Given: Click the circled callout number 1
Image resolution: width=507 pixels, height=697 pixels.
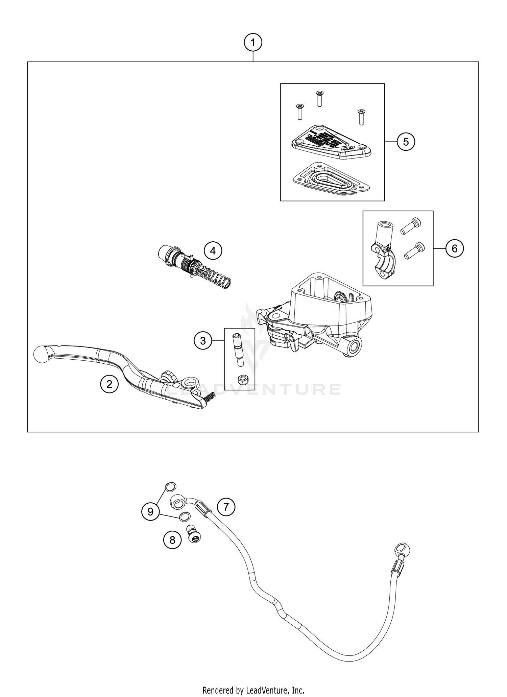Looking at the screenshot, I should pyautogui.click(x=253, y=43).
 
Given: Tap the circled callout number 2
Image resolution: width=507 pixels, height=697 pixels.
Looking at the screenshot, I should pyautogui.click(x=109, y=384).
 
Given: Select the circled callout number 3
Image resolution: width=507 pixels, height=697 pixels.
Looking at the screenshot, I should pyautogui.click(x=203, y=341).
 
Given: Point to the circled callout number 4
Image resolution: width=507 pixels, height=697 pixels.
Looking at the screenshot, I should pyautogui.click(x=213, y=250).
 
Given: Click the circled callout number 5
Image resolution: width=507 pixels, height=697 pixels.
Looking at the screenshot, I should pyautogui.click(x=406, y=142).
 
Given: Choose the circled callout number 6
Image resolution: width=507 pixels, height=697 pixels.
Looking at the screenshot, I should pyautogui.click(x=454, y=248).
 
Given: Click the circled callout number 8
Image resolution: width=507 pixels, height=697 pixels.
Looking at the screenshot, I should pyautogui.click(x=172, y=540).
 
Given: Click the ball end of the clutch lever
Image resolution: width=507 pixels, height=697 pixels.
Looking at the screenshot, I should pyautogui.click(x=42, y=354).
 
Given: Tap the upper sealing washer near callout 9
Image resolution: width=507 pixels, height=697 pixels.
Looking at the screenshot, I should pyautogui.click(x=170, y=487).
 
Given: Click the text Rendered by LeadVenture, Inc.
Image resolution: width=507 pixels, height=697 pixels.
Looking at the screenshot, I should pyautogui.click(x=253, y=690).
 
